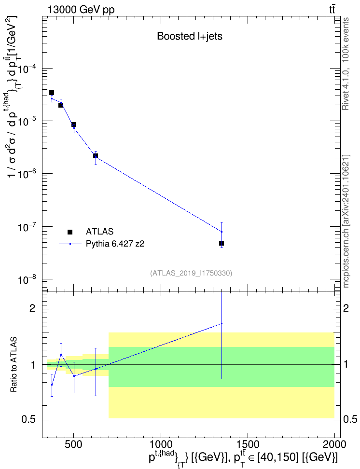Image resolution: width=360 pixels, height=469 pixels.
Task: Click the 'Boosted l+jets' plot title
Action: click(x=190, y=36)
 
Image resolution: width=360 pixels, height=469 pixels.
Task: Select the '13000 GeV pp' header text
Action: click(x=81, y=10)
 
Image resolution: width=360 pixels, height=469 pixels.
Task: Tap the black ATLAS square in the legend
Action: click(x=70, y=232)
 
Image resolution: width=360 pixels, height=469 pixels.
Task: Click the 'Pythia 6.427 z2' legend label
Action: click(x=115, y=244)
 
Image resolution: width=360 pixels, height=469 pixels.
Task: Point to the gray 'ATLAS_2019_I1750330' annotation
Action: click(x=191, y=273)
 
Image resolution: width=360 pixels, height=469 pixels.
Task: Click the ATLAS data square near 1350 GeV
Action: click(x=222, y=243)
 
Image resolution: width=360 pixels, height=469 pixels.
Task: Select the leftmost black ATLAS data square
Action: click(x=52, y=93)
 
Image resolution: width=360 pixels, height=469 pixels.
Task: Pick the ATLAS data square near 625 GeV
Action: click(x=96, y=156)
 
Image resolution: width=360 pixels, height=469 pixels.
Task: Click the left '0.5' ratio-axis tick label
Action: click(x=29, y=420)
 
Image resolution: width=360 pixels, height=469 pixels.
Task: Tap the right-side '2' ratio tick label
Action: click(x=346, y=308)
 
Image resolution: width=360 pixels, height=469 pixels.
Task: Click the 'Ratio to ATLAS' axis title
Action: click(x=14, y=365)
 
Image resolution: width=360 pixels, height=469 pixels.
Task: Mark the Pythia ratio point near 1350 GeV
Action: click(x=222, y=323)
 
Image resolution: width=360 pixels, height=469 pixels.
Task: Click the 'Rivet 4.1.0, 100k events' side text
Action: click(x=346, y=64)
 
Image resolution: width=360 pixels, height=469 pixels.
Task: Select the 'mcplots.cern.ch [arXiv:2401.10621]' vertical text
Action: click(x=346, y=221)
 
